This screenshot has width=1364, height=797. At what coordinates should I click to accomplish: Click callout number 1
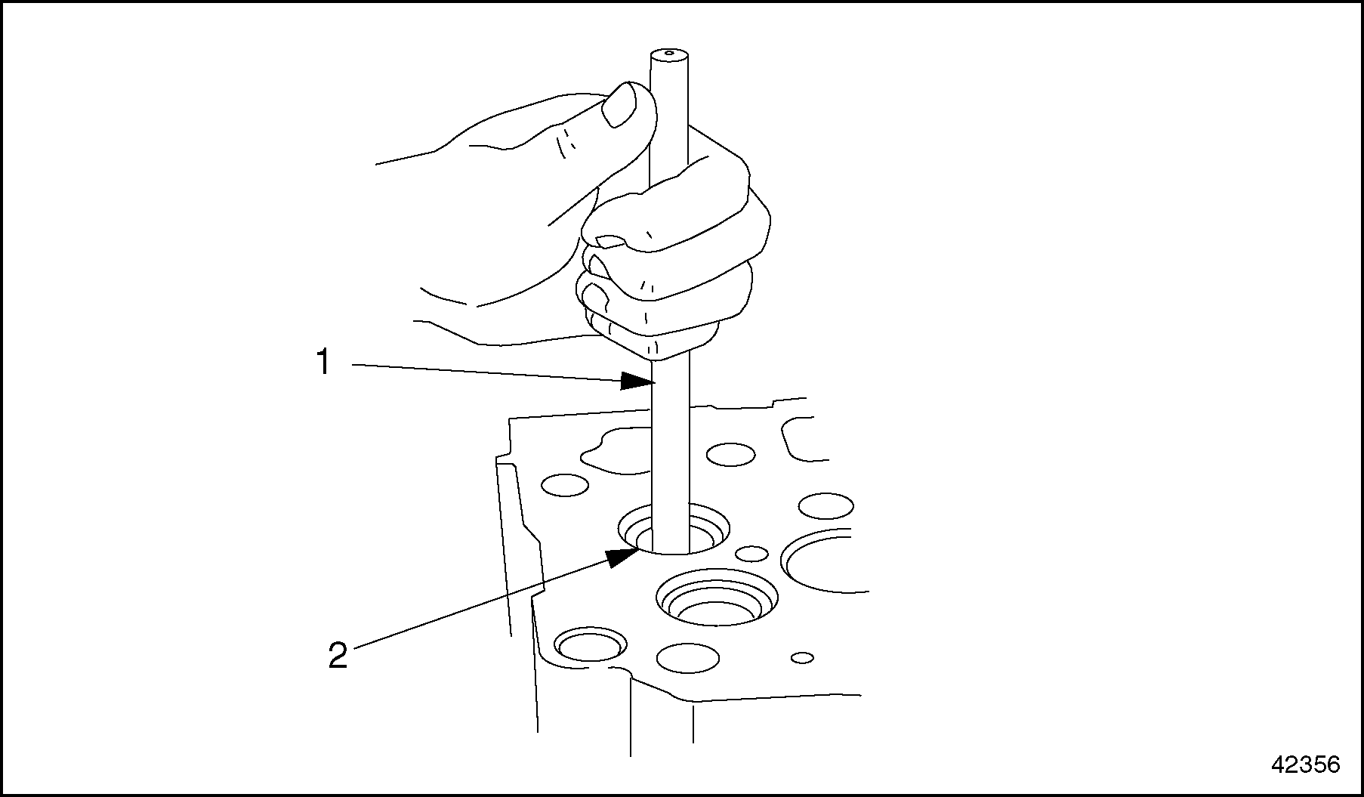(x=323, y=363)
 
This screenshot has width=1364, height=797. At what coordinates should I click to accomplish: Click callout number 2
(x=338, y=655)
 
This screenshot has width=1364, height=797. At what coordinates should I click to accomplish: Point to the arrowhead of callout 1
(x=637, y=381)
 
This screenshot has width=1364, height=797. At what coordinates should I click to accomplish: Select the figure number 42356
(x=1305, y=764)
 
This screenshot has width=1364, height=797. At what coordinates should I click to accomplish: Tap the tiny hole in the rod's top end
(x=669, y=54)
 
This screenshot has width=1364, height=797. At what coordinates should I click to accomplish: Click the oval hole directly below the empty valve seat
(x=687, y=658)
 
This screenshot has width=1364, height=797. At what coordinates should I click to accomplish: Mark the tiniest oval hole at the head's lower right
(x=802, y=657)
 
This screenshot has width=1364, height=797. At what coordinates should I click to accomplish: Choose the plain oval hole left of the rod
(x=565, y=485)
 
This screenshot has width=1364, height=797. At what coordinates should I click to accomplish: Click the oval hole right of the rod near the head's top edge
(x=730, y=454)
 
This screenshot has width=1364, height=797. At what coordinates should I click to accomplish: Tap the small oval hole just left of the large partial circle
(x=751, y=554)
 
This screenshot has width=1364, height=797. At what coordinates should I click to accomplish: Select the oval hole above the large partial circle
(x=825, y=505)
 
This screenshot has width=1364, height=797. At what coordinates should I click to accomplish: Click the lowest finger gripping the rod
(x=653, y=335)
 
